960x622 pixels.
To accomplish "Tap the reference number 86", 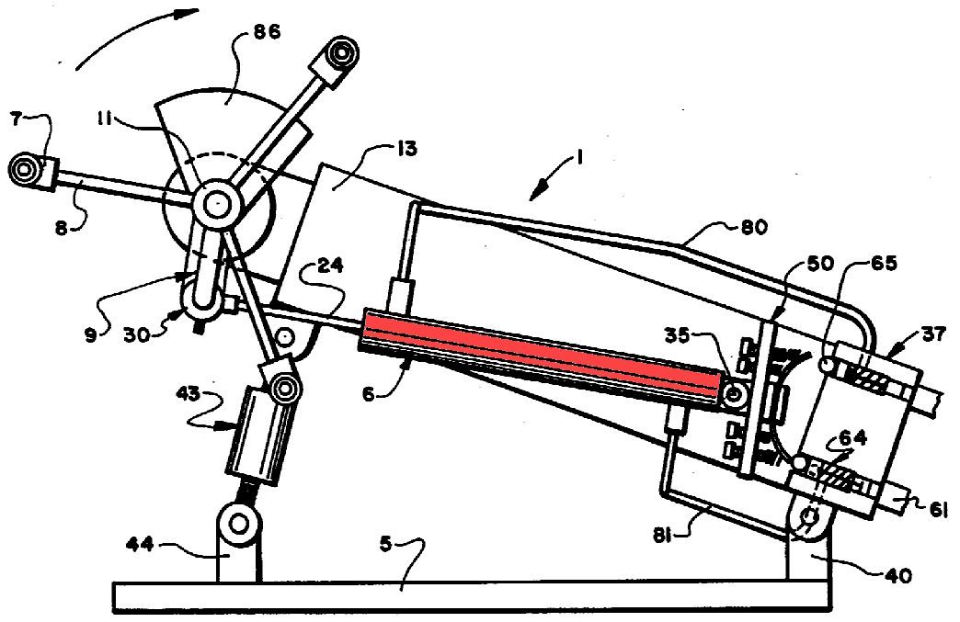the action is point(267,30).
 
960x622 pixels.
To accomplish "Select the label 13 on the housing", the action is point(406,148).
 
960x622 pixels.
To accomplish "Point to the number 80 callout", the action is point(754,228).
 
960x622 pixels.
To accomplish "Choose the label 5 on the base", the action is point(385,543).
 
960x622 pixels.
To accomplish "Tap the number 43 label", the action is point(188,393).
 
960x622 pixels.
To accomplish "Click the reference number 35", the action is point(677,335).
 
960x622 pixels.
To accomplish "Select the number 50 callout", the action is point(820,264).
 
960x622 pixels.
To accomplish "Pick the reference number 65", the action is point(883,264).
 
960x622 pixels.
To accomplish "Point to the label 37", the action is point(933,334).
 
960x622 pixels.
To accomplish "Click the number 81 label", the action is point(662,537).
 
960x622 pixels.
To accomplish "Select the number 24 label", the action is point(330,266).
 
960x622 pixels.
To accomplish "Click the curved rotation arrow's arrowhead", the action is point(189,13).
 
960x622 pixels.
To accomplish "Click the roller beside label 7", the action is point(24,169).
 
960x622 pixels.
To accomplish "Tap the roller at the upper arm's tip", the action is point(342,53).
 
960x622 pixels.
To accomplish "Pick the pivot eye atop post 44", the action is point(239,524).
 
